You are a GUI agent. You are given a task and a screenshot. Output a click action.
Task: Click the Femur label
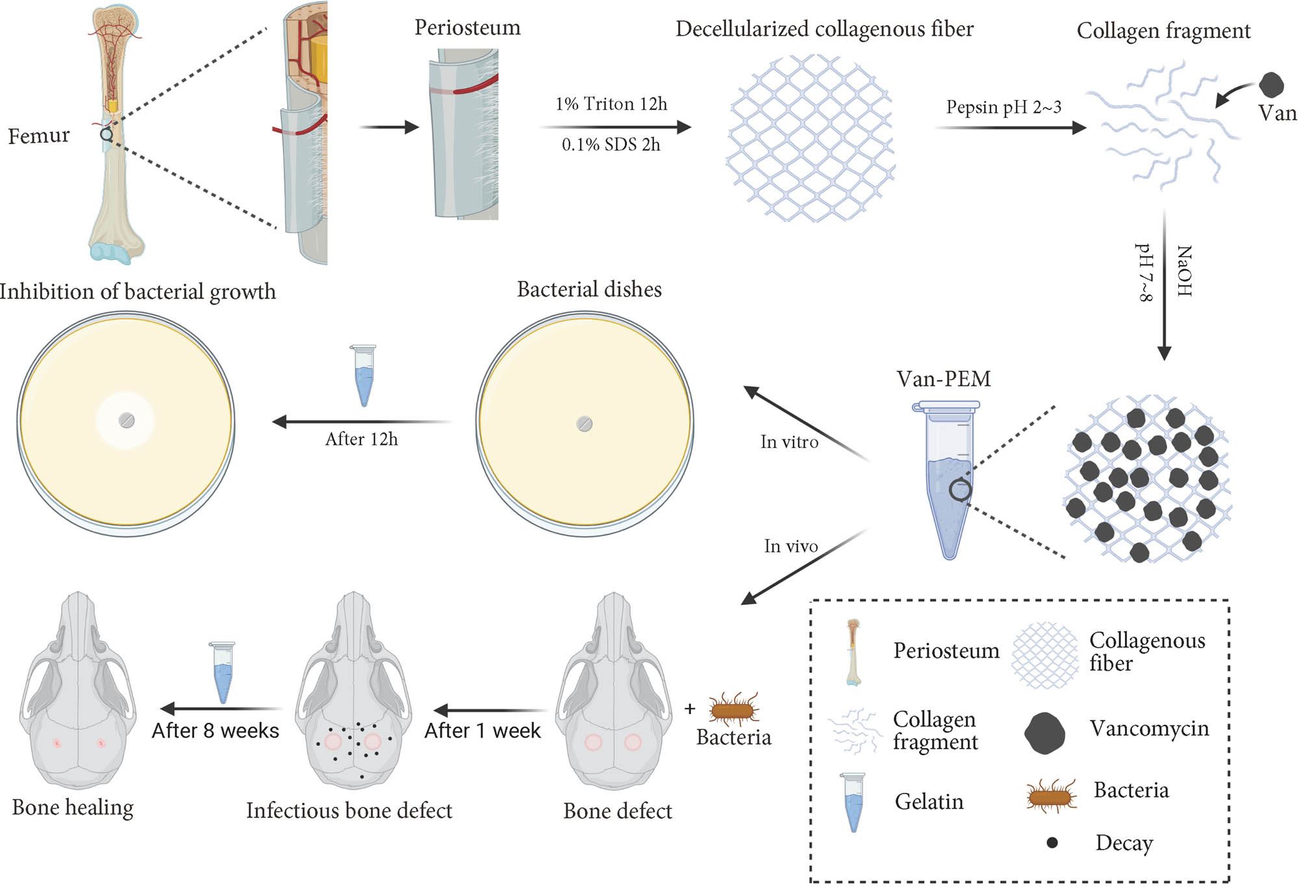38,136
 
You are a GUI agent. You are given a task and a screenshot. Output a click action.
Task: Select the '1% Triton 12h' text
611,104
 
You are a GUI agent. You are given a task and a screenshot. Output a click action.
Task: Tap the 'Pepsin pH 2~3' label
1003,107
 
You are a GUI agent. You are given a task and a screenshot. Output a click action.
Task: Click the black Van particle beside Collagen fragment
1271,85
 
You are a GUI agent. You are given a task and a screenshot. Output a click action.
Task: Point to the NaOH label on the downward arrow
1184,271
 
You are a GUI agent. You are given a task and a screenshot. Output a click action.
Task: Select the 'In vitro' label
789,442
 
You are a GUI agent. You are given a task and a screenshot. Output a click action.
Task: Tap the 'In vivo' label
790,546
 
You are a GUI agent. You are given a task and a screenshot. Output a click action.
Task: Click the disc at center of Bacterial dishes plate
585,424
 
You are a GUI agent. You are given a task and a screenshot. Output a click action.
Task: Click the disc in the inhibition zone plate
127,420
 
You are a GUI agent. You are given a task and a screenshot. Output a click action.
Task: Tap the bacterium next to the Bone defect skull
734,709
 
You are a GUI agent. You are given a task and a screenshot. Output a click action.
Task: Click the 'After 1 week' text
482,731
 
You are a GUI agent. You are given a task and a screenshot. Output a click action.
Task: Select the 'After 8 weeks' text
215,731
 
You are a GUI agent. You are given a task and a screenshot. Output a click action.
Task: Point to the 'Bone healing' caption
73,807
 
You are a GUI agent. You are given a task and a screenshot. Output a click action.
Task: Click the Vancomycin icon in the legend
1044,732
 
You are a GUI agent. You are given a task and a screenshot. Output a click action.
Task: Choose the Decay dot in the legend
1052,843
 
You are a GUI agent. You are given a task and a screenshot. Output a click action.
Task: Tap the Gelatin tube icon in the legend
853,802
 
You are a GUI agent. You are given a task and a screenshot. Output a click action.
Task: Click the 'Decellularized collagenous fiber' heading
824,29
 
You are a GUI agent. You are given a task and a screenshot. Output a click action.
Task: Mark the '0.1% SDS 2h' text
611,145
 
